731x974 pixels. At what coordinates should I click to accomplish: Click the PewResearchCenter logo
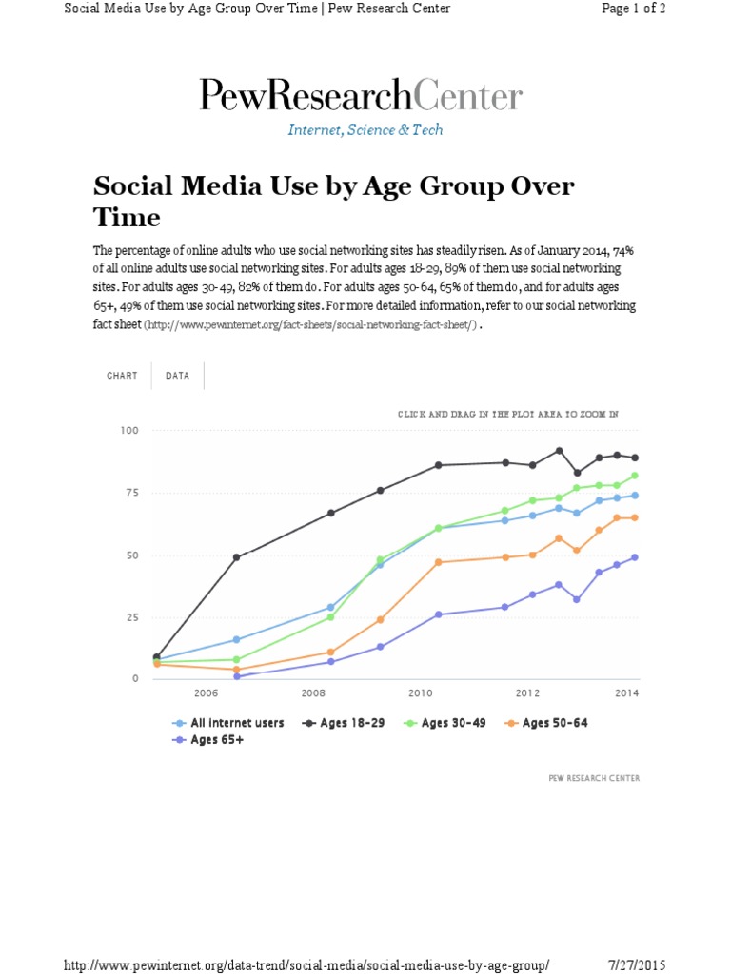(x=361, y=96)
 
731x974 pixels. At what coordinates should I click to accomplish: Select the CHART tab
(x=122, y=376)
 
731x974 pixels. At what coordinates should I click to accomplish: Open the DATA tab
(x=177, y=376)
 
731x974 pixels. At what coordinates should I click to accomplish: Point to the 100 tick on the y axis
(x=129, y=431)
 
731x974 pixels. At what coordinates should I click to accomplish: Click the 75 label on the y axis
(x=132, y=493)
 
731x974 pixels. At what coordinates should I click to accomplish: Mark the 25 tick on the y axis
(x=132, y=617)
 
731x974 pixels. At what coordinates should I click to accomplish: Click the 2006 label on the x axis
(x=207, y=693)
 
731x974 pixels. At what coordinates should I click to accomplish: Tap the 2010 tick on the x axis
(x=421, y=693)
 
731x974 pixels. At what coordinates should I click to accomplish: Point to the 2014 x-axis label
(x=626, y=693)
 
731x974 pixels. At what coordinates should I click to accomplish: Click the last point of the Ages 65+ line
(x=634, y=557)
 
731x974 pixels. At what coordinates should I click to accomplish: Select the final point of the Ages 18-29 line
(x=634, y=458)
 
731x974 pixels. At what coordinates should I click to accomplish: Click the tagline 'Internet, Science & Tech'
(x=365, y=129)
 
